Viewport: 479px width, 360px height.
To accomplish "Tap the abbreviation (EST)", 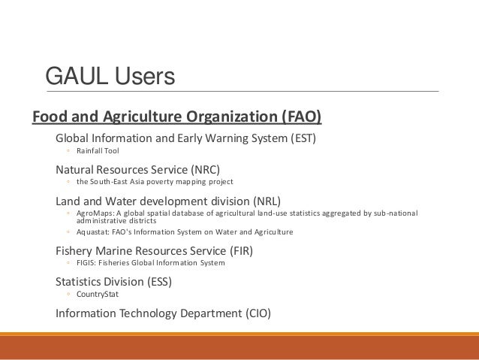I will pos(303,138).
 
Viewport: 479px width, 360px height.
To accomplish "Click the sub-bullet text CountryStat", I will pos(98,295).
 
